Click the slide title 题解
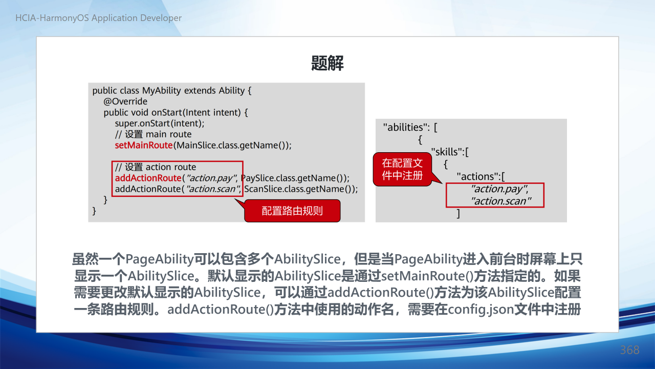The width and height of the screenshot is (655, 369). click(x=327, y=63)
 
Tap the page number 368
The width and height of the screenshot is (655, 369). click(x=629, y=350)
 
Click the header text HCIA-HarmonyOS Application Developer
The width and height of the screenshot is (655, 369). click(x=99, y=18)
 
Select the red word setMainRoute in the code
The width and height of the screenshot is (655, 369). click(x=144, y=145)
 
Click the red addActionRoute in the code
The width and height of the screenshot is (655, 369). click(x=148, y=178)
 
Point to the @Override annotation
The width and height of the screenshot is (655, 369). click(x=125, y=101)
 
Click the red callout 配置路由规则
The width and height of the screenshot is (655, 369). click(x=292, y=211)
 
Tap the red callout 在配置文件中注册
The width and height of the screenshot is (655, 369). click(x=402, y=169)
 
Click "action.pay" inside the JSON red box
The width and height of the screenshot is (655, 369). click(x=499, y=189)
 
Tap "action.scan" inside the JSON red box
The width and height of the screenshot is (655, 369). click(x=501, y=201)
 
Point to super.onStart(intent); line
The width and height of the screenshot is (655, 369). click(x=160, y=124)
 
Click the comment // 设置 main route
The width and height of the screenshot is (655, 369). click(x=153, y=134)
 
